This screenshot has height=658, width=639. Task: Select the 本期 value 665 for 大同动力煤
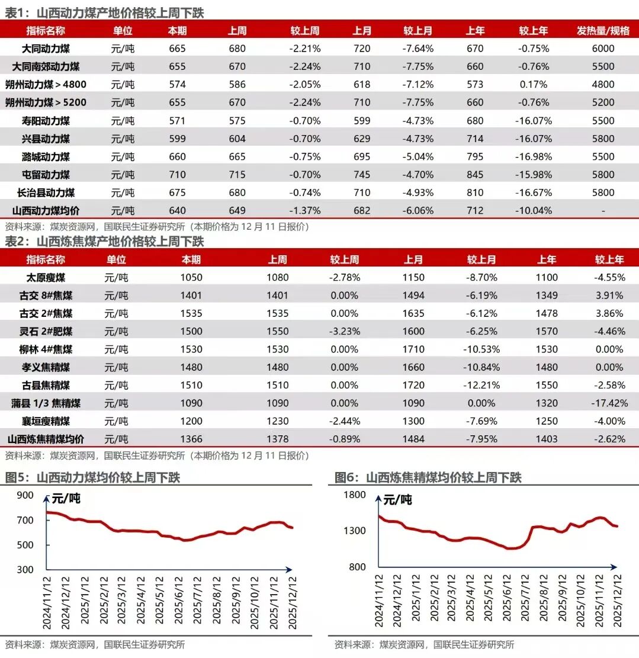pos(177,49)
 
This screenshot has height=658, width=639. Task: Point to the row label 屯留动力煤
pos(46,175)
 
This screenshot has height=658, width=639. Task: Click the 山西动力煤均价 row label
pos(46,211)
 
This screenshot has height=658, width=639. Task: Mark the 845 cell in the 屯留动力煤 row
pos(475,175)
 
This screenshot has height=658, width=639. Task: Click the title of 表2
pos(104,241)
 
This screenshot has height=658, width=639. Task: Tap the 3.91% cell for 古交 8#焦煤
pos(609,296)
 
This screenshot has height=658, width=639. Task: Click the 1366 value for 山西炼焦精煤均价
pos(192,439)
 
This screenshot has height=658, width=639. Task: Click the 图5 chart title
pos(92,477)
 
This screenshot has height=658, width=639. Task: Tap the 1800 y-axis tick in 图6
pos(355,496)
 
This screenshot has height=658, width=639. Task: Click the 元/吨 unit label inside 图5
pos(66,499)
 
